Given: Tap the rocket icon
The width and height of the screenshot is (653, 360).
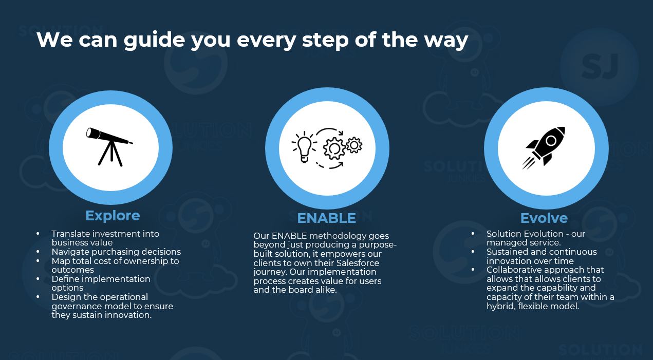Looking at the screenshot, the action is (544, 148).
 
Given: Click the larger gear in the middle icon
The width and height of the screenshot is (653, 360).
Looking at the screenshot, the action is (334, 148).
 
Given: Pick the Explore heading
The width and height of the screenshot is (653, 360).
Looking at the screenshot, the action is (113, 216).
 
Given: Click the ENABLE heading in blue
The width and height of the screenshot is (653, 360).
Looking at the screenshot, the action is (327, 218).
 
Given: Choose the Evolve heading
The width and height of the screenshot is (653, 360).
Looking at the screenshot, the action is (544, 218).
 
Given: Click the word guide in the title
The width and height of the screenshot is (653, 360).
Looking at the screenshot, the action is (154, 40).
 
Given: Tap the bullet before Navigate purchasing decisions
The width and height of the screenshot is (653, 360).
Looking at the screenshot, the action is (38, 252).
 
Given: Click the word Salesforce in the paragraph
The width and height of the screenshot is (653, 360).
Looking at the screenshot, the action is (358, 263).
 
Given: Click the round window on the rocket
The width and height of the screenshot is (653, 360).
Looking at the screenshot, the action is (551, 141).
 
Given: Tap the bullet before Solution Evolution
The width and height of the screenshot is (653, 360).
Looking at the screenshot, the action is (473, 234).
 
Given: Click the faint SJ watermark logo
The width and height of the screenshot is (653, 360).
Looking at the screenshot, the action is (600, 66).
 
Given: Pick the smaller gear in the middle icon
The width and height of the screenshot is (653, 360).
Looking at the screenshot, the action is (354, 145).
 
